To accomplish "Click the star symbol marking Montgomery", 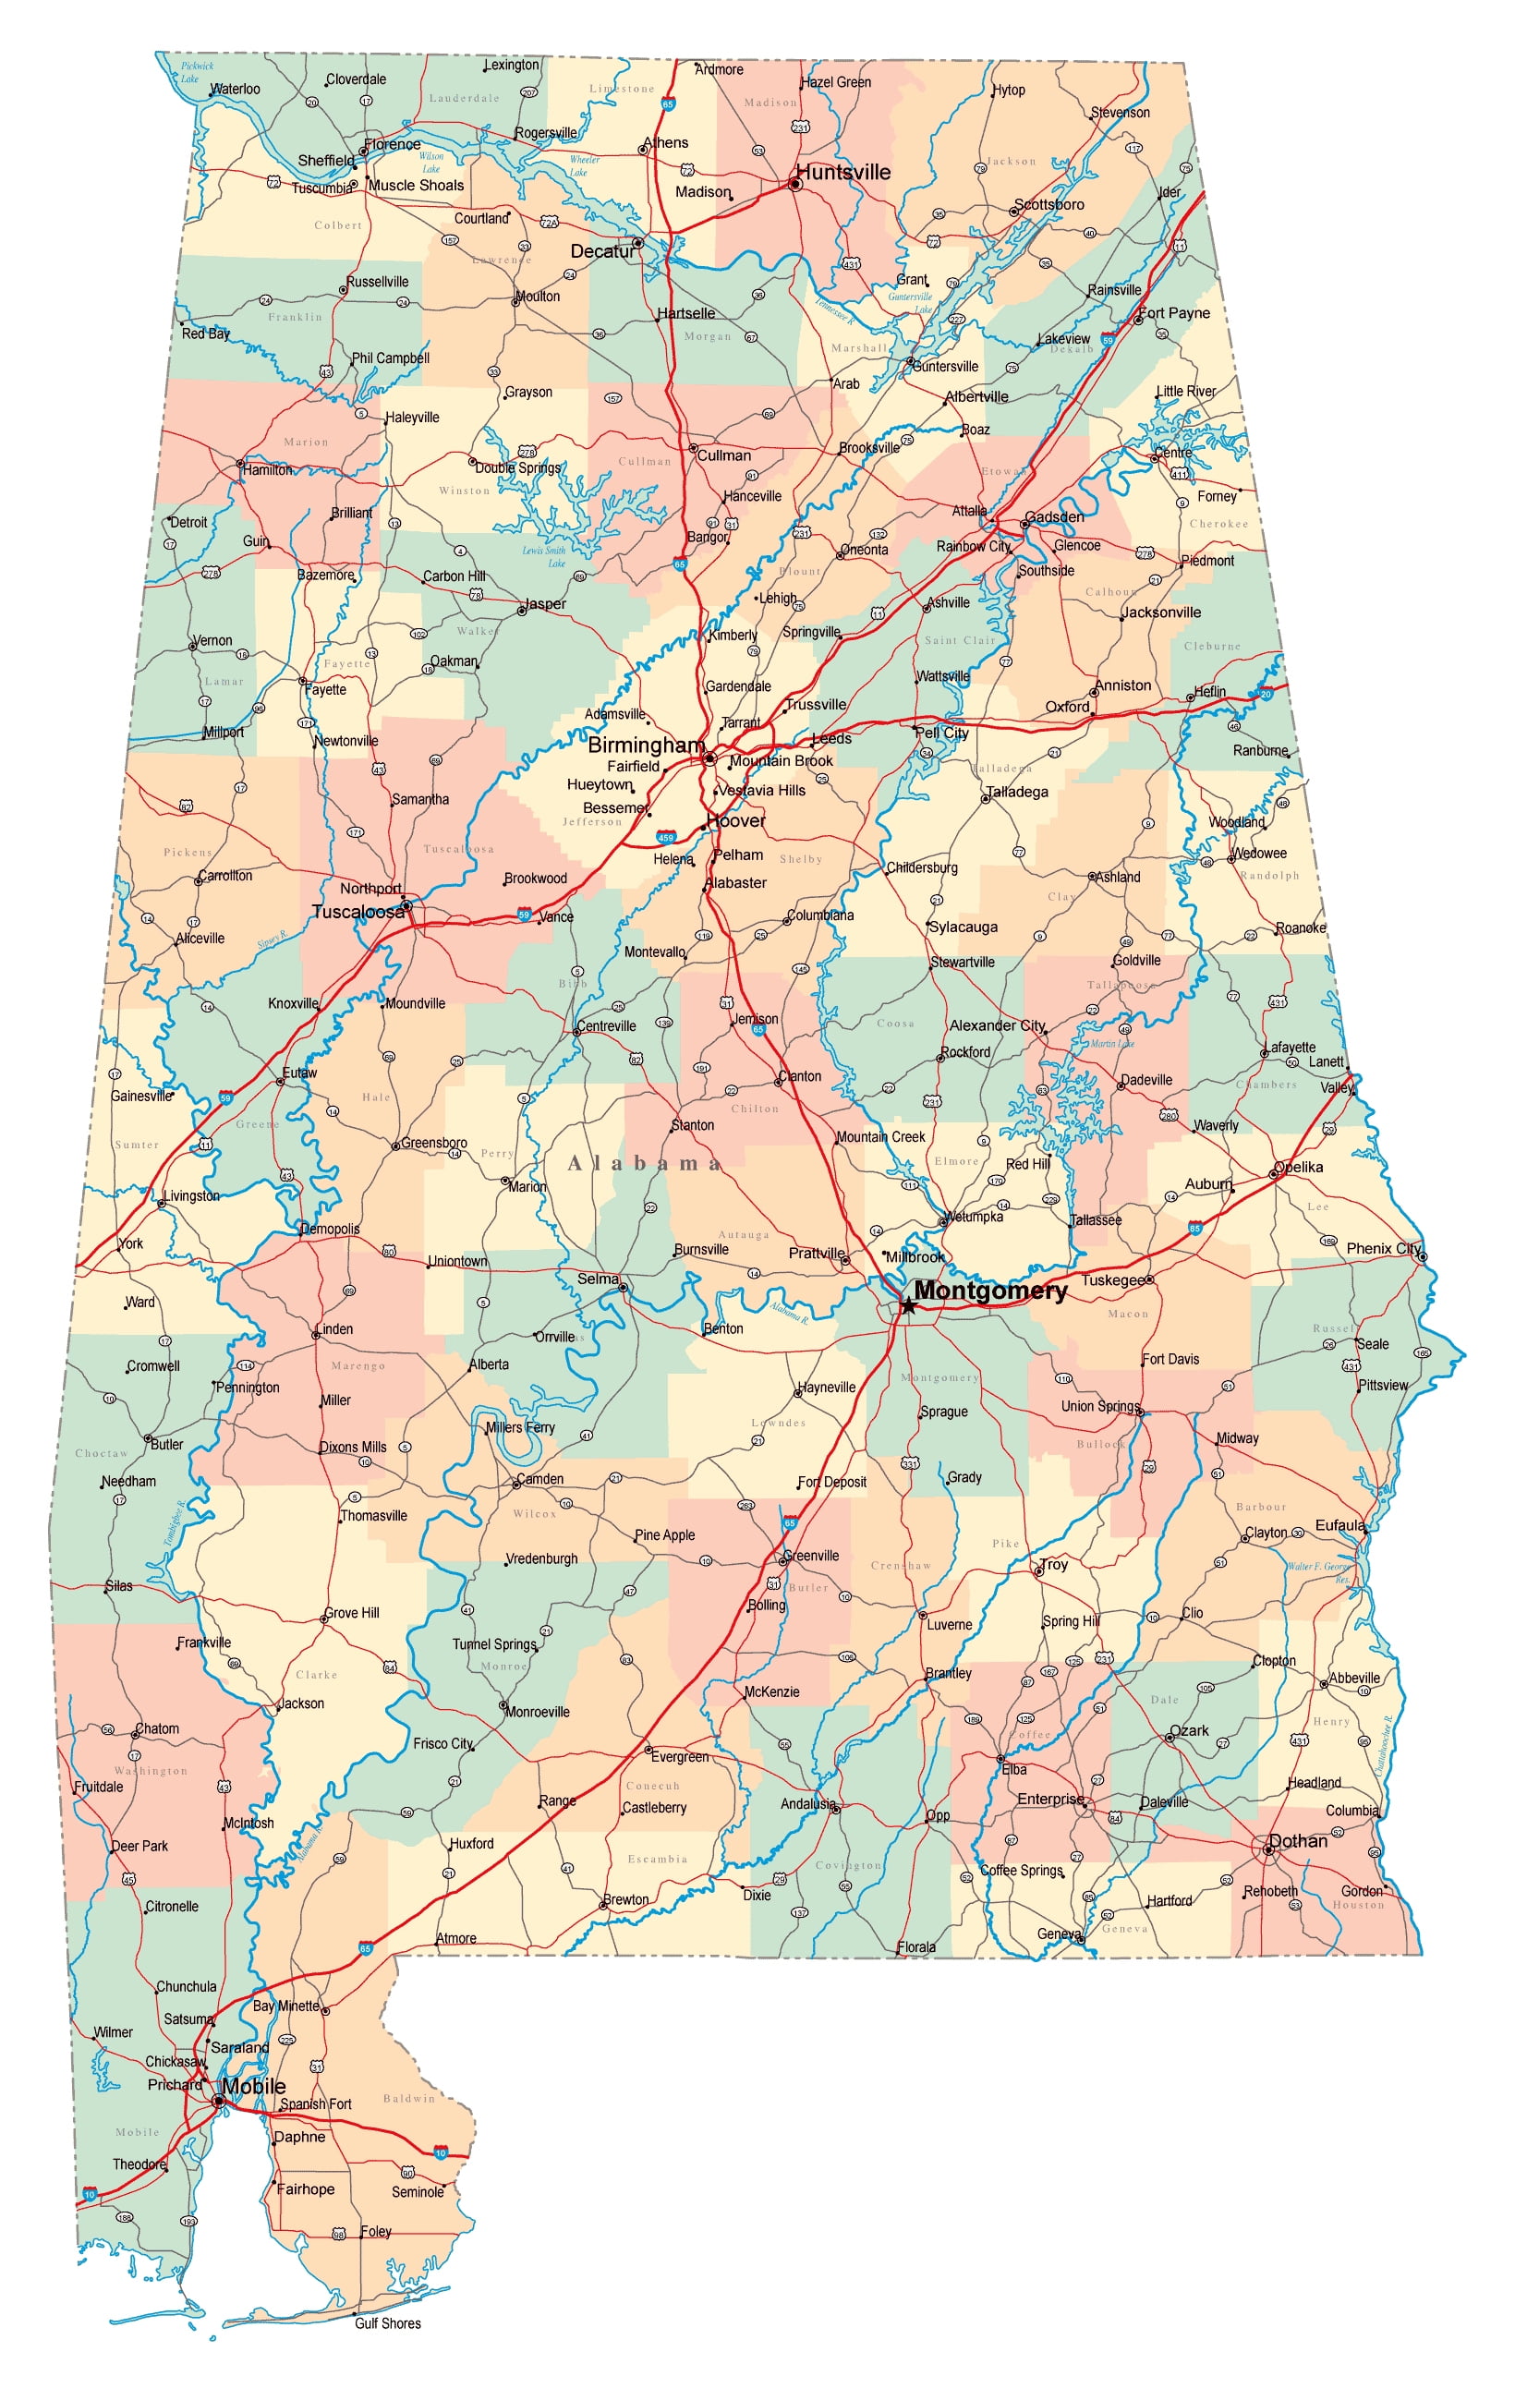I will click(x=907, y=1306).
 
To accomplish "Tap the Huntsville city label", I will click(x=842, y=173).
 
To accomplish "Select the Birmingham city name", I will click(x=646, y=745).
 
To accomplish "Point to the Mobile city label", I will click(x=254, y=2087).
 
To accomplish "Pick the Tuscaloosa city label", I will click(x=358, y=912).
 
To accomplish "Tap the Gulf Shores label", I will click(x=388, y=2322).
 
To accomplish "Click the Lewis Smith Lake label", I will click(x=544, y=556).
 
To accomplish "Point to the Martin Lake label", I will click(x=1111, y=1043).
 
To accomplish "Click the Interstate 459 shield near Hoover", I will click(x=665, y=838).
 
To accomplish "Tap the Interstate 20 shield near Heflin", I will click(x=1266, y=694).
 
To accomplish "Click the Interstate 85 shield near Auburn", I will click(x=1194, y=1228).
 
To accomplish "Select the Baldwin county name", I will click(x=408, y=2099).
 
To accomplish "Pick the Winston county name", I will click(x=464, y=491).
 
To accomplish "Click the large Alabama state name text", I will click(x=645, y=1163).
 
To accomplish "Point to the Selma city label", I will click(x=598, y=1279).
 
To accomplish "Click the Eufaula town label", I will click(x=1339, y=1525).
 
